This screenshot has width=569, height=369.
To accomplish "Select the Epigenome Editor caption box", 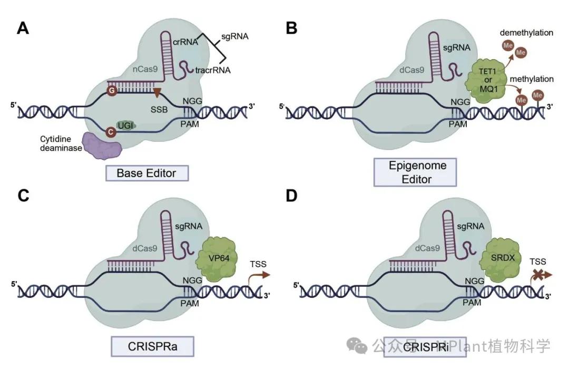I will click(x=410, y=172).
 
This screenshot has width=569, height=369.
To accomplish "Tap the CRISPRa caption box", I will click(x=152, y=347).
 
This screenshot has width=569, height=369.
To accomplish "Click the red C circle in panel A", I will click(x=111, y=131).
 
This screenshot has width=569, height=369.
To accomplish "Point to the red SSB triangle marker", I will click(x=156, y=92).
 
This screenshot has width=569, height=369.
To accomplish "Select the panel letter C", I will click(x=24, y=196).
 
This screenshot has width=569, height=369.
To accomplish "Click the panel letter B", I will click(x=291, y=28).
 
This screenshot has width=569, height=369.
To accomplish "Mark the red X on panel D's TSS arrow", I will click(x=538, y=274).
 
